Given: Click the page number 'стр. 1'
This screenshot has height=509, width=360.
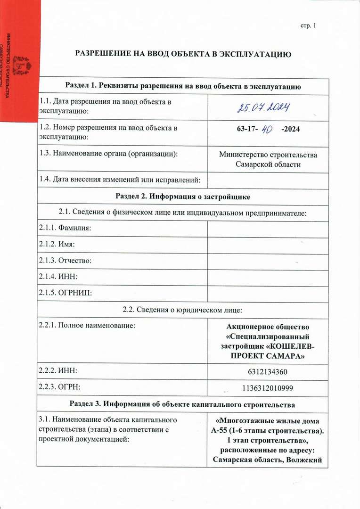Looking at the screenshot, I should coord(308,25).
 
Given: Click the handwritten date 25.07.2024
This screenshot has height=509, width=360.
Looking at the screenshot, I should coord(263,108).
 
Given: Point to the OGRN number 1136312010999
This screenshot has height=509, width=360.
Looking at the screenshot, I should coord(267,388).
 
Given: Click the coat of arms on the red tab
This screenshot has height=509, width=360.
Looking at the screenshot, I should coord(21,66).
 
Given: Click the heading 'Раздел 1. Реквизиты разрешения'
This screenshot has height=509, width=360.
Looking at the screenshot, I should coord(183,86).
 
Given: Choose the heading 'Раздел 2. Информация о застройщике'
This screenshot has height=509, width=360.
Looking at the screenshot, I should coord(183,197).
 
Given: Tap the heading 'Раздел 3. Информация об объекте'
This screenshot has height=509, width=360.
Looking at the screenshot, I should coord(183,404).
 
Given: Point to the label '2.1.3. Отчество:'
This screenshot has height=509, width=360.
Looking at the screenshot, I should coord(65,261).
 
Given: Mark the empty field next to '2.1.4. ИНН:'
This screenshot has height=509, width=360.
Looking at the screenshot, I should coord(267,277).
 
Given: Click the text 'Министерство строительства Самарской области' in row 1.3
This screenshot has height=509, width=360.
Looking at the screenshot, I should coord(268,159).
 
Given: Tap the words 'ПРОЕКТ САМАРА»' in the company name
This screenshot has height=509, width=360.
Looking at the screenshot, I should coord(267,356).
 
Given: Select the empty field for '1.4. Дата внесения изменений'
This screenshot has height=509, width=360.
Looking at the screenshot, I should coord(267,179).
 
